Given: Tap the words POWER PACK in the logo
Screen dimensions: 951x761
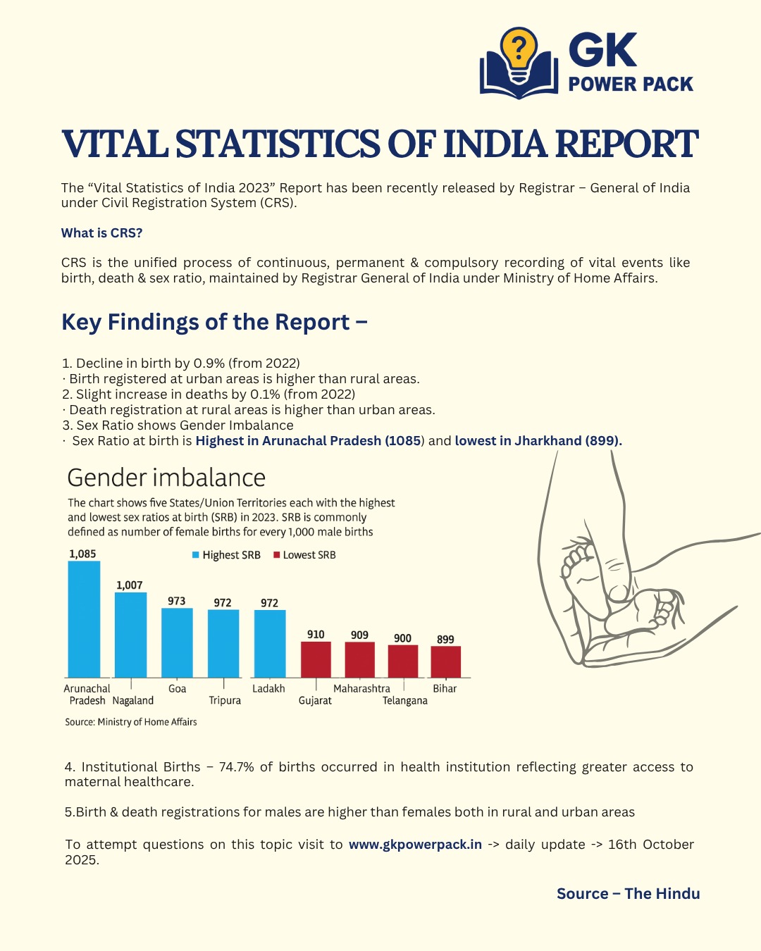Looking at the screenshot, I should tap(631, 85).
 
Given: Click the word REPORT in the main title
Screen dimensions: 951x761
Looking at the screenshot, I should tap(626, 144).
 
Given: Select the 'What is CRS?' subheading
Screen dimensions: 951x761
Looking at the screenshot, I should tap(101, 233).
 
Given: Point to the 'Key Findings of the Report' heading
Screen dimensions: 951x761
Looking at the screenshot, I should tap(214, 322).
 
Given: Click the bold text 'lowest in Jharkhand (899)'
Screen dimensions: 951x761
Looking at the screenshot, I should tap(538, 441).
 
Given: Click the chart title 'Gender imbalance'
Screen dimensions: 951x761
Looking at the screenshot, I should tap(166, 478).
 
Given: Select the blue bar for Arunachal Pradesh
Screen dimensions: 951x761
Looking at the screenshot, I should tap(84, 619).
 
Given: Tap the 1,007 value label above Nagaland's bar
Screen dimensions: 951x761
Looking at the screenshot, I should tap(130, 585).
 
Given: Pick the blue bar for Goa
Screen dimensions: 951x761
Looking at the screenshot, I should tap(177, 642).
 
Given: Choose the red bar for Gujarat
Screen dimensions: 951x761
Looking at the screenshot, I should tap(316, 659).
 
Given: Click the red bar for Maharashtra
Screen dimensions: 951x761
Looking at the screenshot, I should tap(359, 660).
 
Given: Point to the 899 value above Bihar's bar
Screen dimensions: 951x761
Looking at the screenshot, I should tap(445, 640).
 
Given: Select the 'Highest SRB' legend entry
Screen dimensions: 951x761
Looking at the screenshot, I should tap(226, 555).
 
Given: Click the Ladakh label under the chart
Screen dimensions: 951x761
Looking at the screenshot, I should tap(268, 688).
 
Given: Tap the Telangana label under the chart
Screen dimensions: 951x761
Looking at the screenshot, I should tap(405, 700).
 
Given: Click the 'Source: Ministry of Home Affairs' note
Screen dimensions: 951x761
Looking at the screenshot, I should tap(131, 722).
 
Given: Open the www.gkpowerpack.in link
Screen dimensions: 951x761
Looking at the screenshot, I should tap(415, 845).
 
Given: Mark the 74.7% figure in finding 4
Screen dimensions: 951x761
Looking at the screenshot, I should tap(236, 767).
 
